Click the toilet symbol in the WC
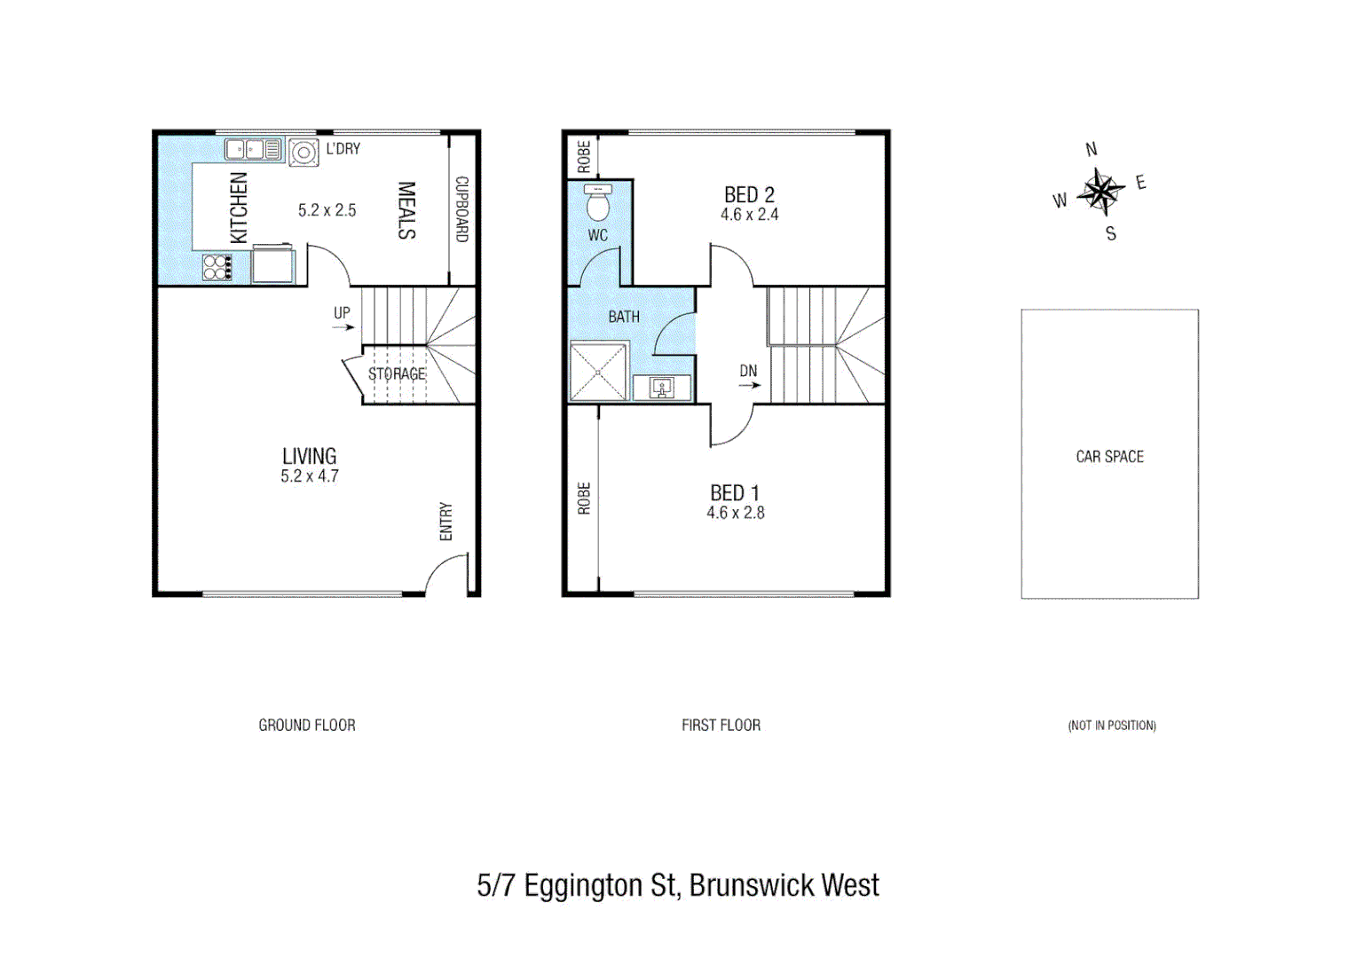pos(598,204)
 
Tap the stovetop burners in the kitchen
pos(217,267)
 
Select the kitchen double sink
pos(253,150)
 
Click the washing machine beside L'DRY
pos(304,153)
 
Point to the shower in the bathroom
pos(598,372)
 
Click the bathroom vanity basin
pos(661,388)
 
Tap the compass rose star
pos(1100,192)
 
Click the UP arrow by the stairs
pos(343,327)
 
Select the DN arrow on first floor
pos(749,385)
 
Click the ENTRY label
pos(445,522)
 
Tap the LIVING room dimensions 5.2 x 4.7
pos(310,476)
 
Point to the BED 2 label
pos(749,194)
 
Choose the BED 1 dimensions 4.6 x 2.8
pos(735,513)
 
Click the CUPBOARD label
pos(461,209)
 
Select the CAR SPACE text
pos(1109,457)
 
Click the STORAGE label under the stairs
pos(397,374)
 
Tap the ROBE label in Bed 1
pos(583,499)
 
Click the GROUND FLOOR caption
pos(307,726)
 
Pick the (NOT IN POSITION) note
pos(1111,726)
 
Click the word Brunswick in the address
pos(751,885)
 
